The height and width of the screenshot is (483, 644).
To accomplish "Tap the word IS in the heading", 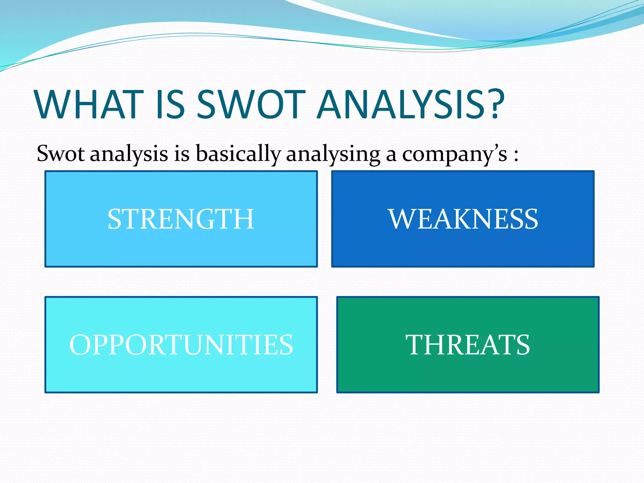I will click(x=170, y=104).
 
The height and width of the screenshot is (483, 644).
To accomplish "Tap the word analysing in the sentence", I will click(x=333, y=154).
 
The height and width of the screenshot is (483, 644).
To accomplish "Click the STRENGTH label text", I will click(x=181, y=219).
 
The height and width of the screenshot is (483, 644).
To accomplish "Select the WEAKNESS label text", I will click(x=463, y=219).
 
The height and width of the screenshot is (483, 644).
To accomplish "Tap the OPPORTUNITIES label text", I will click(x=181, y=345).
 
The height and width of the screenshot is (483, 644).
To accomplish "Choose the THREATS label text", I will click(x=468, y=345).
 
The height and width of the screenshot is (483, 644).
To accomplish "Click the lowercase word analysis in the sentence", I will click(x=129, y=154).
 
